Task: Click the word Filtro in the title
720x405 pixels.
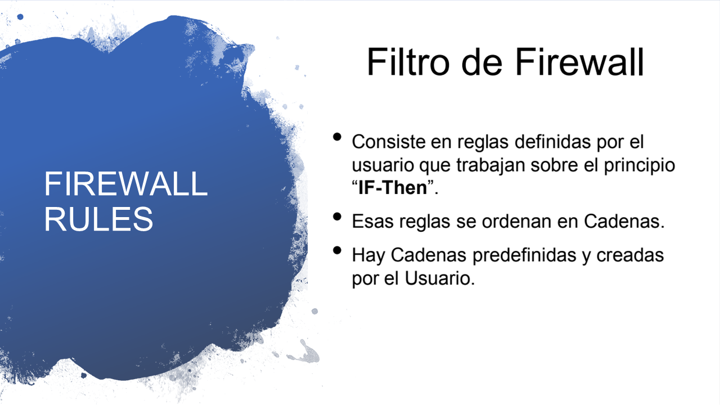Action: pos(408,61)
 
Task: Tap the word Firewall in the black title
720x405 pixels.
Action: pos(579,61)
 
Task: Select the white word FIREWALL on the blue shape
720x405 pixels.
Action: pos(125,184)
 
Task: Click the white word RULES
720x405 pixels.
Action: pos(98,219)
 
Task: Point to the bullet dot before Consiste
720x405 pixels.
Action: pos(337,137)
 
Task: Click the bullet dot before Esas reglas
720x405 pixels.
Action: pos(337,217)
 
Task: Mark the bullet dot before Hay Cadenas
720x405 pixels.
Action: pos(337,250)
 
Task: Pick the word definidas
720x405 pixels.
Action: pos(552,141)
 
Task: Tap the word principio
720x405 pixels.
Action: pos(640,165)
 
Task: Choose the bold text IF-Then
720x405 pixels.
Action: pos(393,187)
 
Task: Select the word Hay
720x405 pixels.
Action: pos(368,256)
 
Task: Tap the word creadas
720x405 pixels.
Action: pos(630,255)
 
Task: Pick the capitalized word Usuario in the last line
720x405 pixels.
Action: pos(439,278)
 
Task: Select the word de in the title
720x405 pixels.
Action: pos(481,61)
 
